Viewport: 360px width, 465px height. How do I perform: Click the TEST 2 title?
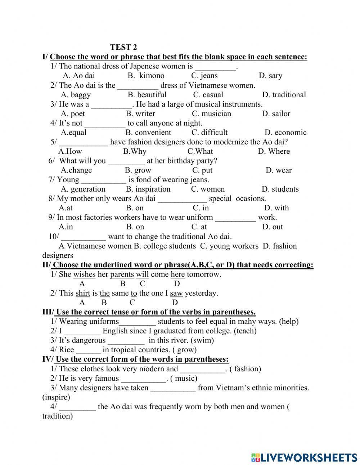coord(123,47)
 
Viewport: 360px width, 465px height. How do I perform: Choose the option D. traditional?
coord(284,95)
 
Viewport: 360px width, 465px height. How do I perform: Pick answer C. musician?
coord(211,113)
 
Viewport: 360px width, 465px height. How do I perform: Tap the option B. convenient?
coord(148,133)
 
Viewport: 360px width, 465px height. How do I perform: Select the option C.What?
coord(200,151)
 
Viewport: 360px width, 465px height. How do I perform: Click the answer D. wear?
coord(279,170)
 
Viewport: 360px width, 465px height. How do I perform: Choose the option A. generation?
coord(83,189)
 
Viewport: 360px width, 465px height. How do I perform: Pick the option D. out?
coord(273,227)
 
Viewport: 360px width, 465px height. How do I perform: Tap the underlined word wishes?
coord(84,274)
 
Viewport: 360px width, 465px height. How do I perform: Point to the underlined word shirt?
coord(83,293)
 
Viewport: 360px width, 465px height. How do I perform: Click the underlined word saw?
coord(176,293)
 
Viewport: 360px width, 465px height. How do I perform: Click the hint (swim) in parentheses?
coord(202,340)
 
